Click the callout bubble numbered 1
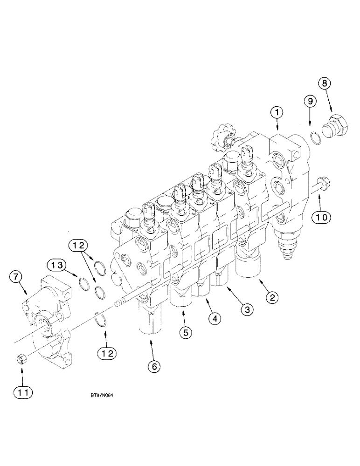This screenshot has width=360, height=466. (277, 112)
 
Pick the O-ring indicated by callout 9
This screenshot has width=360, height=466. (315, 137)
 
